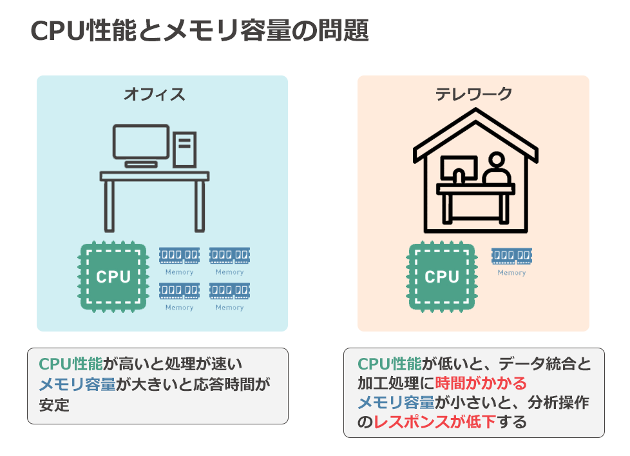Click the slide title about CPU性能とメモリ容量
tap(200, 31)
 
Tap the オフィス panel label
tap(154, 94)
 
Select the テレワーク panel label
tap(473, 94)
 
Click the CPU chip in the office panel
tap(113, 277)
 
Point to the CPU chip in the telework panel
tap(441, 277)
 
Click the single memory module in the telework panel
tap(511, 256)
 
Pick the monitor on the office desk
tap(140, 142)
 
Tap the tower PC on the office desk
tap(185, 149)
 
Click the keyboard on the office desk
tap(141, 164)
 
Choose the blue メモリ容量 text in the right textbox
tap(396, 402)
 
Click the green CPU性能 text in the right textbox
tap(389, 364)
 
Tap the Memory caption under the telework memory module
tap(511, 273)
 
